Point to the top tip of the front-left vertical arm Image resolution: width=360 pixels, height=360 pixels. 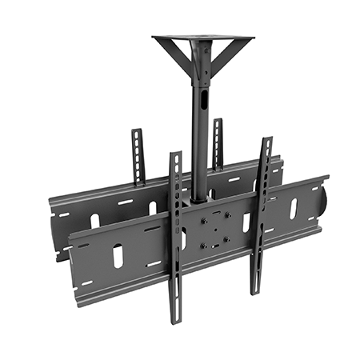pos(175,155)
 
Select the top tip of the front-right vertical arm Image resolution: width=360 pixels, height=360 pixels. pos(266,142)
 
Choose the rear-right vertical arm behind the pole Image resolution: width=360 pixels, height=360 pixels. pos(217,140)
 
